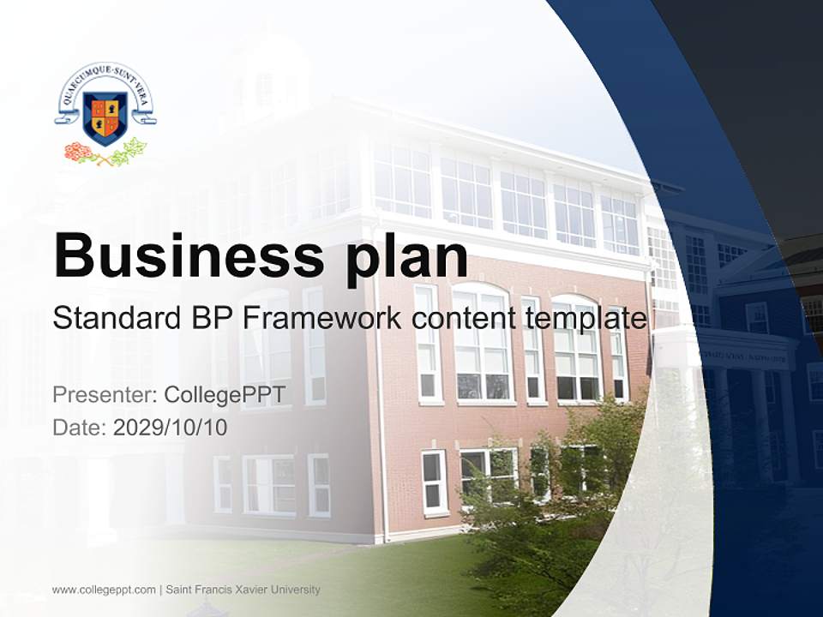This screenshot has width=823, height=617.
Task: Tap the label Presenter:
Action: click(104, 395)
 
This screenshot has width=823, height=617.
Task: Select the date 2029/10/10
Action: click(170, 427)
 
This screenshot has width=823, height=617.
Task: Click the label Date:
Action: click(80, 427)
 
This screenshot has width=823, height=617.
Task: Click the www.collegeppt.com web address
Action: click(104, 590)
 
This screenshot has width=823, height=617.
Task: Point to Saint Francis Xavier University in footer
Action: click(243, 590)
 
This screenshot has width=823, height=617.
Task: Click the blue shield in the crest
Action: click(105, 117)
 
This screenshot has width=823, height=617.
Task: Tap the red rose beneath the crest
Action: click(79, 153)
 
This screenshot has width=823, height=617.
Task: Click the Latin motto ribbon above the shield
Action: click(105, 81)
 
